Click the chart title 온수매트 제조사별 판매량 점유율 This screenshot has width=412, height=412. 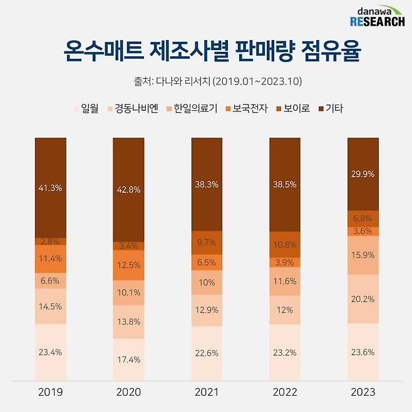206,51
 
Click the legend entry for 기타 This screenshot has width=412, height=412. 330,108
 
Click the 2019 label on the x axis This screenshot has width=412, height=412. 50,393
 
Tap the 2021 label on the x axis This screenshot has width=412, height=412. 207,393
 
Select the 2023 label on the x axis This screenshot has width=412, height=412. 363,393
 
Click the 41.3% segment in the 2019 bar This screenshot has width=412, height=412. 50,187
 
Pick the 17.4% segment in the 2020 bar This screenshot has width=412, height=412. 128,359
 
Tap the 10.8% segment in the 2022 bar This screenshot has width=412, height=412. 285,244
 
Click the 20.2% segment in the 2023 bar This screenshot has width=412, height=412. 363,299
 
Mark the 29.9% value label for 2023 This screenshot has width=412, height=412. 363,174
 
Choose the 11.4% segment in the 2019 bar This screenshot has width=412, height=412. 50,258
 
